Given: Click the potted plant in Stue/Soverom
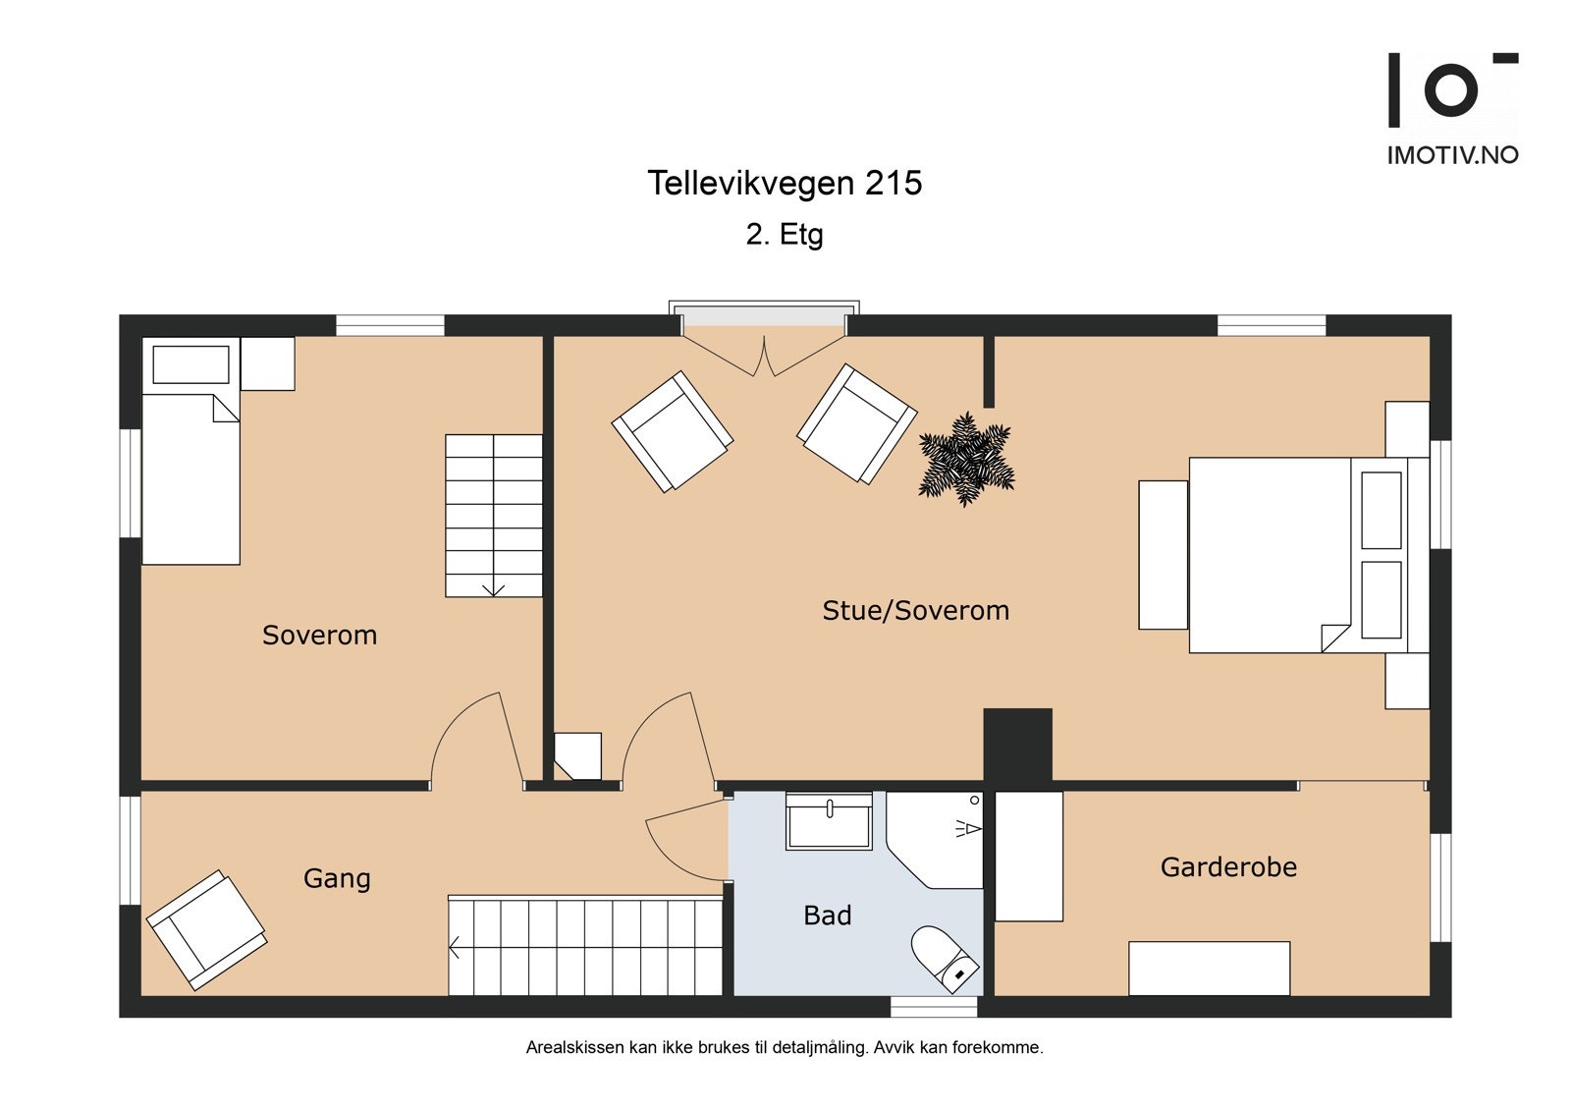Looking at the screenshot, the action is pyautogui.click(x=966, y=459).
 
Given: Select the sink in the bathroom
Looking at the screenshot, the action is pyautogui.click(x=829, y=821).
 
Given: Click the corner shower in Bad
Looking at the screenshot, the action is pyautogui.click(x=936, y=840).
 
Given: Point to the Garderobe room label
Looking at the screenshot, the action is pyautogui.click(x=1228, y=867).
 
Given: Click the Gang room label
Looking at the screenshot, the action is pyautogui.click(x=337, y=879).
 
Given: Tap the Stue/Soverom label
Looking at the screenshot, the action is pyautogui.click(x=916, y=611).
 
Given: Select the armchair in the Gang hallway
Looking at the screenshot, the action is pyautogui.click(x=206, y=930).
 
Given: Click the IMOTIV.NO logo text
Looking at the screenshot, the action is pyautogui.click(x=1453, y=155).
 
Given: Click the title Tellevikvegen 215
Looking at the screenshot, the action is pyautogui.click(x=785, y=183).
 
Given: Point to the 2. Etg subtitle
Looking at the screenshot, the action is pyautogui.click(x=785, y=235).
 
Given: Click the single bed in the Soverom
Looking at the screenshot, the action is pyautogui.click(x=190, y=451).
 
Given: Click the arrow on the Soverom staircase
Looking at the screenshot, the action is pyautogui.click(x=494, y=588).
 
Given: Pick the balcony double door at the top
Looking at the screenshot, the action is pyautogui.click(x=765, y=356).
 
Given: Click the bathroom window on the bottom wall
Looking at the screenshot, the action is pyautogui.click(x=934, y=1007).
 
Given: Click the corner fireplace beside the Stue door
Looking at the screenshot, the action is pyautogui.click(x=578, y=755).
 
